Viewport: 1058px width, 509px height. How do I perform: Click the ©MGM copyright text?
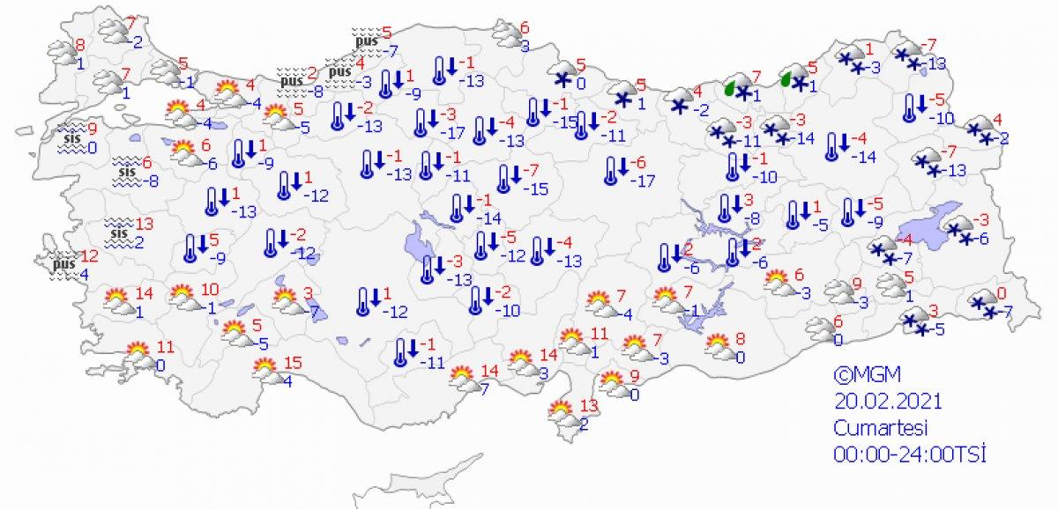click(x=861, y=375)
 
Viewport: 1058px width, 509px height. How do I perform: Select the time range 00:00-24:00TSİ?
click(x=907, y=454)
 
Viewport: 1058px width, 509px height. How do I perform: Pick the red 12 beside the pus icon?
click(x=88, y=257)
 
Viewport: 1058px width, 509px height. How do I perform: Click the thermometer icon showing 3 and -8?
click(x=728, y=208)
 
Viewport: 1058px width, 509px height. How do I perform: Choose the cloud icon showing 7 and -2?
click(x=115, y=33)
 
